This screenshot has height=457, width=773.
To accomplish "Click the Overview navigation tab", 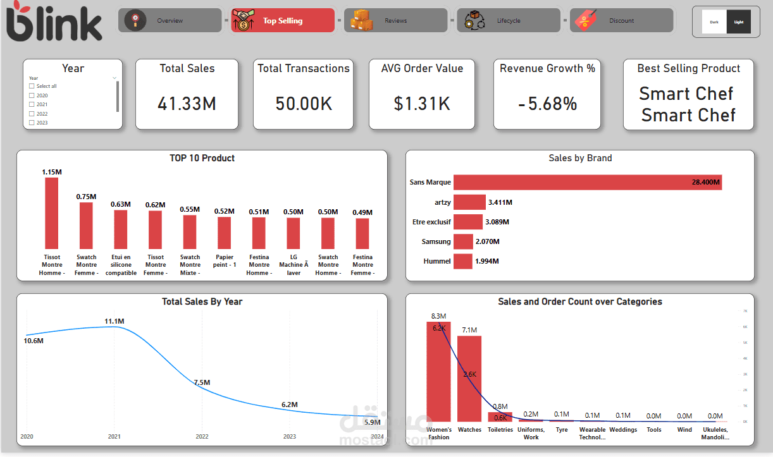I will (x=170, y=20).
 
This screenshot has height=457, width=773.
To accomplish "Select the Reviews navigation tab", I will (x=395, y=20).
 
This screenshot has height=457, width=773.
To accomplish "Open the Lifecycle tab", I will (x=508, y=20).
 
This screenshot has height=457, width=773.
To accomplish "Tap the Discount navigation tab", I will (x=621, y=20).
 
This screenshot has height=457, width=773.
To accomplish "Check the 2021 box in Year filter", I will (x=32, y=104).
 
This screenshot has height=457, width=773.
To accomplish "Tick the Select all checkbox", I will (x=32, y=86).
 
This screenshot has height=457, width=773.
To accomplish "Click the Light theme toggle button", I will (x=739, y=21).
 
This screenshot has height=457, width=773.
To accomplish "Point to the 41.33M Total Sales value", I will (x=187, y=104).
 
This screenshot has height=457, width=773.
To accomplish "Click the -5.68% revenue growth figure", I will (x=547, y=104).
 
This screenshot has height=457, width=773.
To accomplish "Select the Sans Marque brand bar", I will (x=587, y=182).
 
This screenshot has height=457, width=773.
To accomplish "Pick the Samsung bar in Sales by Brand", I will (x=463, y=241).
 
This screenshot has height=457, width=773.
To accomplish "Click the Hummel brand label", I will (x=437, y=261).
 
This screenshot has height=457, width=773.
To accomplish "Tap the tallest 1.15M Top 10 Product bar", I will (x=51, y=213).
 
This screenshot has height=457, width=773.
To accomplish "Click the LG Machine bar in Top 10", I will (x=293, y=233).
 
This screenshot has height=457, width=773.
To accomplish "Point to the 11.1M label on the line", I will (x=114, y=322).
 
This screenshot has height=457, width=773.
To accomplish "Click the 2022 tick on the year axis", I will (x=202, y=436).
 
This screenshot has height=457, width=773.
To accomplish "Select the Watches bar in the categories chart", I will (x=469, y=379).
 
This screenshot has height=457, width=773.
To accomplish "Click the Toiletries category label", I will (x=500, y=430).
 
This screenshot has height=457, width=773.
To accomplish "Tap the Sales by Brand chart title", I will (x=580, y=158).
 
